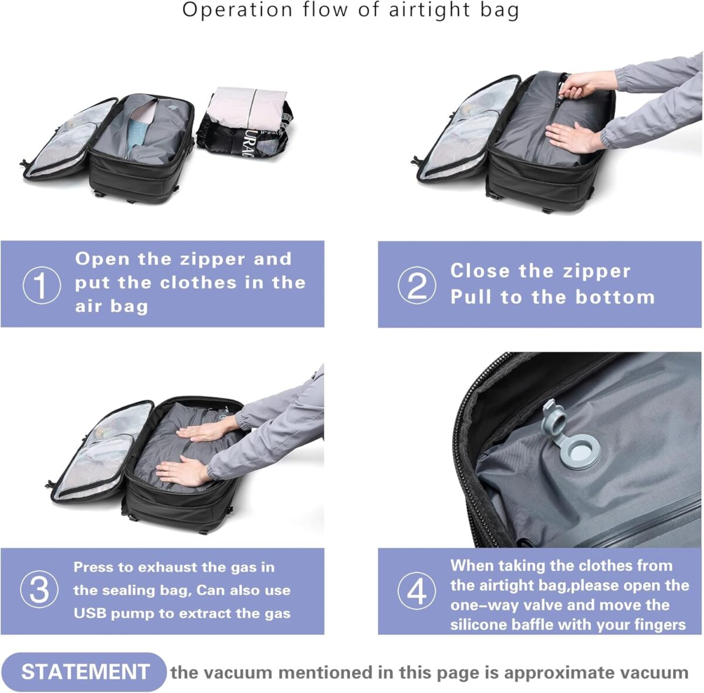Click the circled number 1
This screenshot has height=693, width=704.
(x=42, y=285)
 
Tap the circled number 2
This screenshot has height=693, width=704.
(x=417, y=285)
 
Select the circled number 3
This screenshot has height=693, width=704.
(x=39, y=590)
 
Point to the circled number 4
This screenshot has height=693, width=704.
(x=417, y=591)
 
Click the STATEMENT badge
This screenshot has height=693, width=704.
(x=84, y=672)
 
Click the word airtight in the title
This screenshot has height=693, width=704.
(x=430, y=10)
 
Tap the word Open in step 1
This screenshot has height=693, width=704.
(x=102, y=259)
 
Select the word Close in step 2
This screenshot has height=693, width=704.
(x=480, y=271)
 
